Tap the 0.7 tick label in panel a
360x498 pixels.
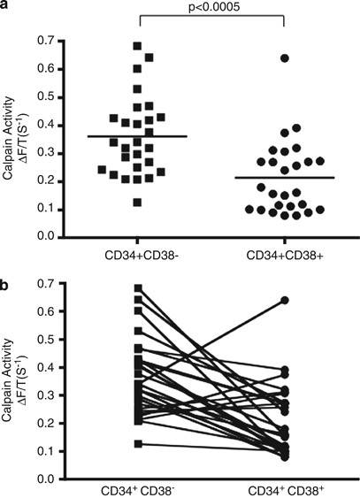pyautogui.click(x=59, y=41)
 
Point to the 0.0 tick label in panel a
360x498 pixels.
pyautogui.click(x=59, y=238)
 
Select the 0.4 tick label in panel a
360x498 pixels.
pyautogui.click(x=59, y=126)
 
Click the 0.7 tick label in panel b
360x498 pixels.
pyautogui.click(x=59, y=283)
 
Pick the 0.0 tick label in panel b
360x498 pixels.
pyautogui.click(x=59, y=479)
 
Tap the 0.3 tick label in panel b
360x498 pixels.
pyautogui.click(x=59, y=395)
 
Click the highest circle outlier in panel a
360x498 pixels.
pyautogui.click(x=286, y=58)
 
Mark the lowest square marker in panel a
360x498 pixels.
pyautogui.click(x=137, y=203)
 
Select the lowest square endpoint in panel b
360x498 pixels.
pyautogui.click(x=138, y=444)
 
